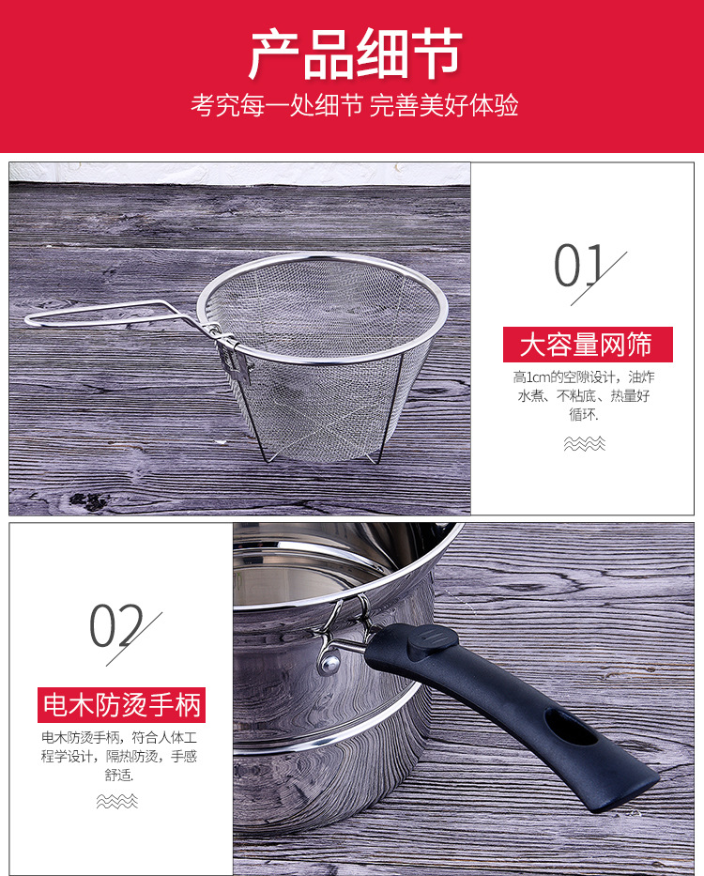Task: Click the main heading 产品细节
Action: pos(354,54)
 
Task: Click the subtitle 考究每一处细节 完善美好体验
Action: pos(354,105)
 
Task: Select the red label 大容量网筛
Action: pos(587,345)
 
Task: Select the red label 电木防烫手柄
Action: pos(121,704)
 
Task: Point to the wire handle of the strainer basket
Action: pos(103,314)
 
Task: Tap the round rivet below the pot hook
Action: pos(327,665)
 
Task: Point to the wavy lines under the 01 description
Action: pos(585,443)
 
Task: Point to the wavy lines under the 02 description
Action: pos(117,801)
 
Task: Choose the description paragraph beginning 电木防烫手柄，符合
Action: pos(119,756)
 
